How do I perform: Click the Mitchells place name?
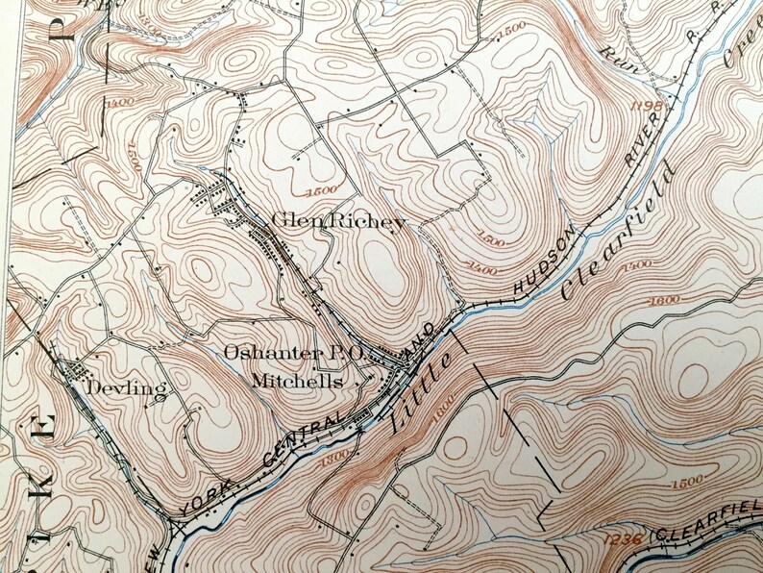[x=297, y=381]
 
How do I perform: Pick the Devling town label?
[x=126, y=388]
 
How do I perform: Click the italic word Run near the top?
[x=611, y=61]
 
